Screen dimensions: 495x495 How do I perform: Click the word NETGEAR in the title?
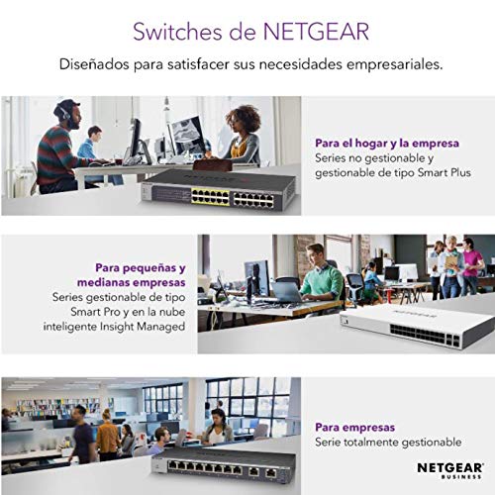[316, 32]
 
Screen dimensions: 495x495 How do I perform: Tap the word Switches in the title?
[177, 32]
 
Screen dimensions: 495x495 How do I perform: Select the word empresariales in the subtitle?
[394, 64]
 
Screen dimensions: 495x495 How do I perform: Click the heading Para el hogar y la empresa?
[387, 144]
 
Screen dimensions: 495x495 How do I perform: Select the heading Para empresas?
[354, 428]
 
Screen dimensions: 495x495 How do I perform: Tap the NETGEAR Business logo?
[450, 470]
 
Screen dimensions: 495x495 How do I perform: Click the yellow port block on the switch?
[210, 197]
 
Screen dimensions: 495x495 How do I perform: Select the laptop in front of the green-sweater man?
[287, 291]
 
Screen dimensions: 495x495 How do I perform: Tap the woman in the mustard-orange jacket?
[107, 435]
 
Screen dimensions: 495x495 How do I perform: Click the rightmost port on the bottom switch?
[271, 472]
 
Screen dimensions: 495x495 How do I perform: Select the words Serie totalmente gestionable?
[388, 443]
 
